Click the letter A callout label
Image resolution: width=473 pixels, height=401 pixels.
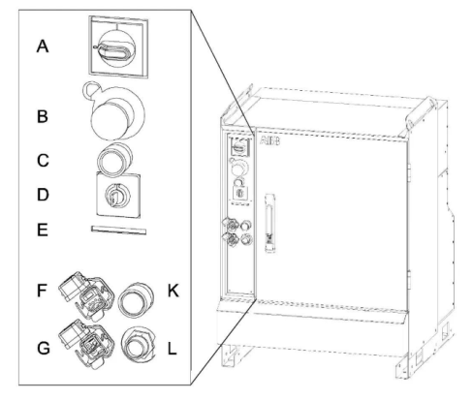point(43,46)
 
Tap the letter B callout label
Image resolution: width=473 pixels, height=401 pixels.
point(43,116)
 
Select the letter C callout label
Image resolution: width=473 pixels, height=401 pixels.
point(43,161)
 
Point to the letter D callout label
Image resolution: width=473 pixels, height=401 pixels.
point(43,195)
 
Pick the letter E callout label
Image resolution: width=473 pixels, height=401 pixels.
point(43,231)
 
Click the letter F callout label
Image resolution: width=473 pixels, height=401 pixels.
point(42,291)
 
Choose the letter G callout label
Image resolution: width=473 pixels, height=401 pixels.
point(44,349)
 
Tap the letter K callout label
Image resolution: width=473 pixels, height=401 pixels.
point(173,291)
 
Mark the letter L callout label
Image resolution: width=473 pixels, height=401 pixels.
point(173,349)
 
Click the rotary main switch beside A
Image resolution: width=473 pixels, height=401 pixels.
point(118,47)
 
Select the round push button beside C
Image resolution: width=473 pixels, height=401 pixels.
point(114,159)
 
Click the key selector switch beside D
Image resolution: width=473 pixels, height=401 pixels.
point(118,196)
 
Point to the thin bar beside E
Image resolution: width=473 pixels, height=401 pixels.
point(118,230)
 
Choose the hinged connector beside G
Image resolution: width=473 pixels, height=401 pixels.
point(86,344)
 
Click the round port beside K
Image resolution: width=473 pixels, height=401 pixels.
point(136,300)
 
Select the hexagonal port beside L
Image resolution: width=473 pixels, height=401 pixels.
point(138,345)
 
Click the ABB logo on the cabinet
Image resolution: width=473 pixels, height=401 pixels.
point(270,141)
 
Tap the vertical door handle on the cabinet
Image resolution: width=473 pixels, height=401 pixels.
point(270,223)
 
